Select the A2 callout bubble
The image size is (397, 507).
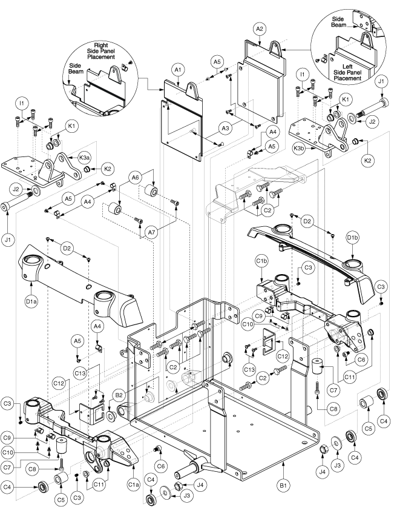point(260,29)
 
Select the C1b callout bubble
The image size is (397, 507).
point(262,261)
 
